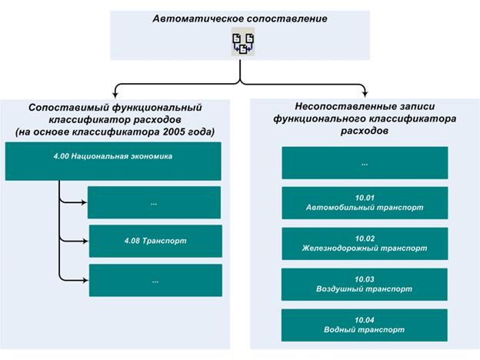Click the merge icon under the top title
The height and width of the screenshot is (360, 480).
(243, 42)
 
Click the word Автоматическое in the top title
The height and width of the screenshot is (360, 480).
(198, 18)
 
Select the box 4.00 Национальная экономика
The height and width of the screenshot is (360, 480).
(113, 161)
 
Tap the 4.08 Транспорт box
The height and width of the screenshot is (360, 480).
(155, 241)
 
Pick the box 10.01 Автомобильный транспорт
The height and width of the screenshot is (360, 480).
(365, 202)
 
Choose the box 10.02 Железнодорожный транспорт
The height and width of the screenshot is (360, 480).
(365, 243)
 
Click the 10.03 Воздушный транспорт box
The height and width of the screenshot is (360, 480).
(365, 284)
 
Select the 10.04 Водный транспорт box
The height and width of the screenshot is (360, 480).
(365, 325)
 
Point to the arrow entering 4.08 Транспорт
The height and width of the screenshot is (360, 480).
(74, 241)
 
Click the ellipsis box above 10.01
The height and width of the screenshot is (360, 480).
(365, 163)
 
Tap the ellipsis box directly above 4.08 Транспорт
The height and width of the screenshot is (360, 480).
(154, 202)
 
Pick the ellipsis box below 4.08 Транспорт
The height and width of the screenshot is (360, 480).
(155, 280)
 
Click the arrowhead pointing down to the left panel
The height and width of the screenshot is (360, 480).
(115, 94)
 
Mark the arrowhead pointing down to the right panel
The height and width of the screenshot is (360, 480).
(365, 94)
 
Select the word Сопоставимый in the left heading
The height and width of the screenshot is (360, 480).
(68, 108)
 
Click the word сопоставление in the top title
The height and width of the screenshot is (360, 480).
(287, 18)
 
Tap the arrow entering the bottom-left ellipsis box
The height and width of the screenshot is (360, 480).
(74, 280)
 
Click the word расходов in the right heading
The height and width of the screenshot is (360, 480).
(365, 131)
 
